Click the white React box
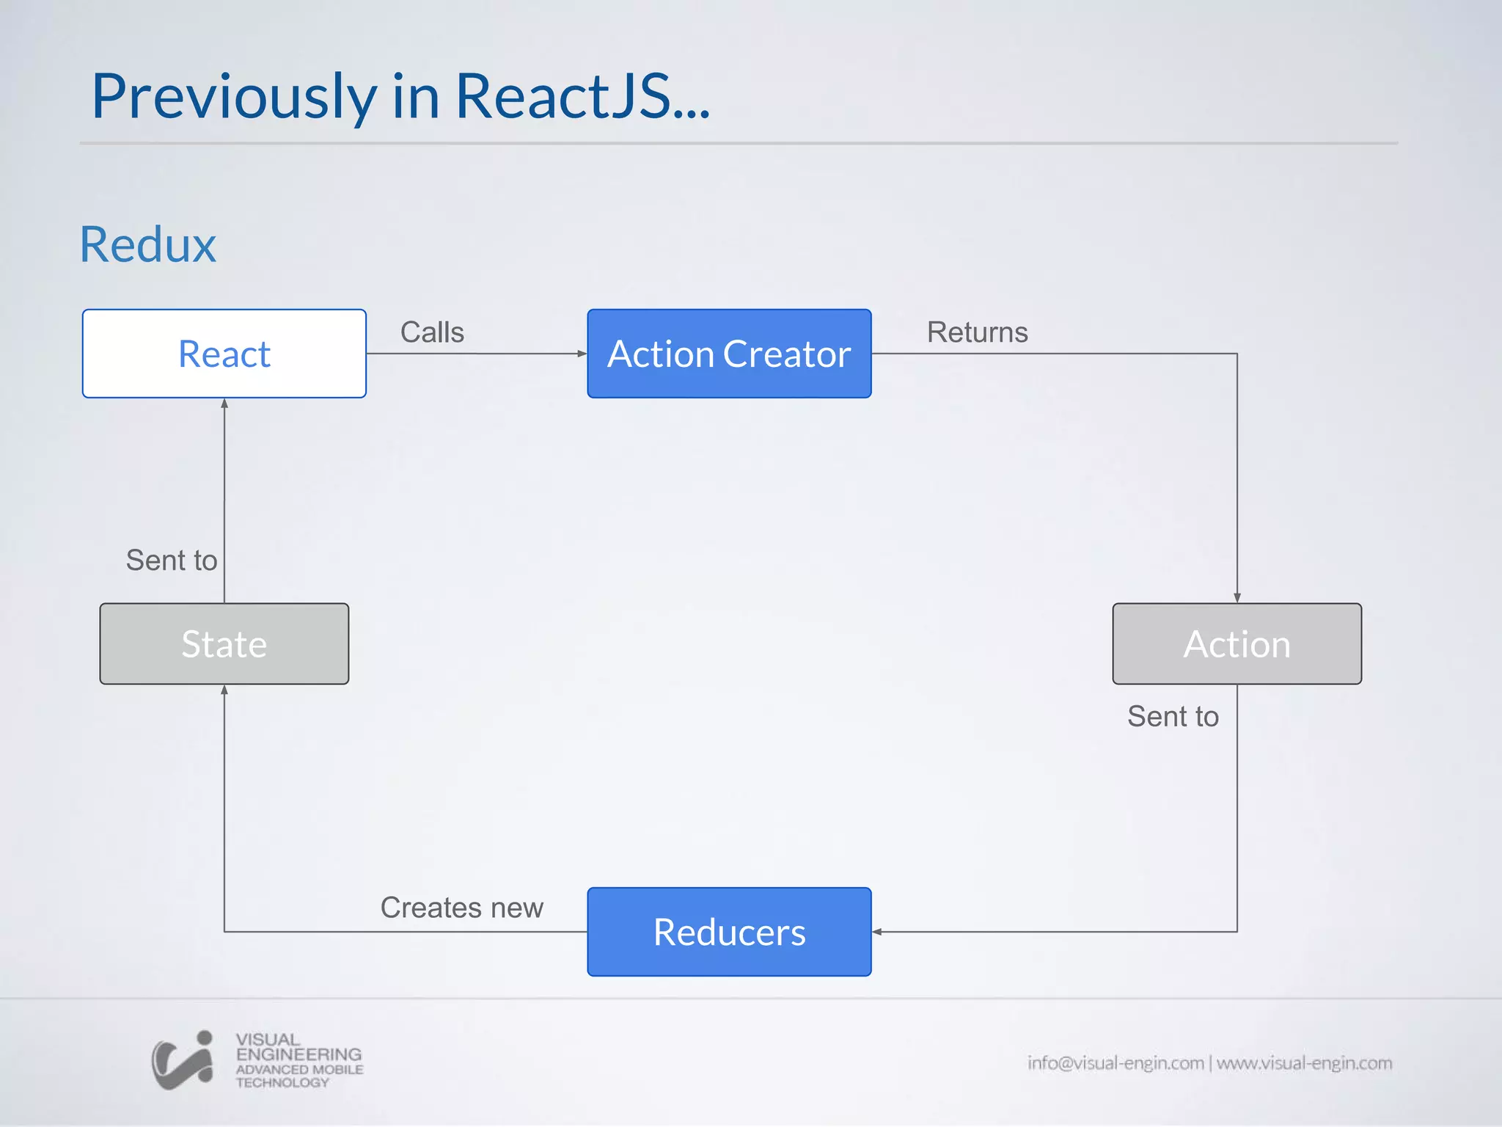coord(224,354)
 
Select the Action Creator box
coord(729,354)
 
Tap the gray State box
coord(224,643)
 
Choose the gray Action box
coord(1237,643)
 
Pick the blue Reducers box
coord(729,932)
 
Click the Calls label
coord(432,332)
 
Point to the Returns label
coord(977,332)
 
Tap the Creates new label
coord(461,908)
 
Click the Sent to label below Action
coord(1173,716)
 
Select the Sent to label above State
coord(172,560)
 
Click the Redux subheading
coord(148,244)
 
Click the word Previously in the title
coord(233,97)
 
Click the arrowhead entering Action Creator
coord(582,354)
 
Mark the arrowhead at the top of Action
coord(1237,598)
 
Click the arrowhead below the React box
coord(224,404)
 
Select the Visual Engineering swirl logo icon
coord(183,1060)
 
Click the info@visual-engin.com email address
coord(1115,1062)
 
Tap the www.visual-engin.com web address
coord(1304,1062)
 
